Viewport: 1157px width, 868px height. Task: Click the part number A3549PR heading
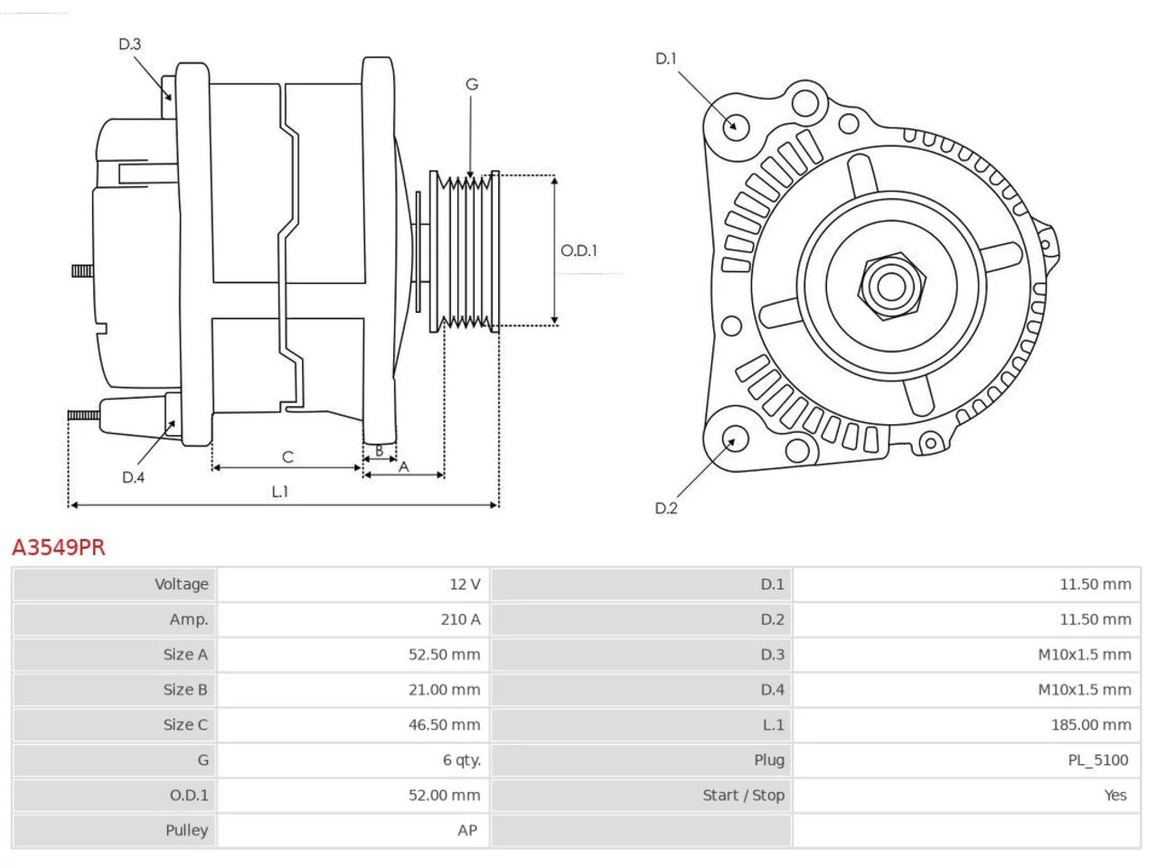click(59, 548)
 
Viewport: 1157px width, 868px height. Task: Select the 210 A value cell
click(353, 619)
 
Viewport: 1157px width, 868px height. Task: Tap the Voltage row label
click(115, 584)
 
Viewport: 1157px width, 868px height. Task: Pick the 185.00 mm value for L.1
click(1091, 724)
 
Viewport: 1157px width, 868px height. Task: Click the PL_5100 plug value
click(1098, 760)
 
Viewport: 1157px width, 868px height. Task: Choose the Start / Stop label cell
click(642, 795)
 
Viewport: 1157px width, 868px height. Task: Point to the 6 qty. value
click(462, 760)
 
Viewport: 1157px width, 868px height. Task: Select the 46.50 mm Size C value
click(445, 724)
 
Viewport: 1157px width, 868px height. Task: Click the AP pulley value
click(467, 830)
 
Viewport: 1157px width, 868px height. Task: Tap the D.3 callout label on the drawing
click(129, 43)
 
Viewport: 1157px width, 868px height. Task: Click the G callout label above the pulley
click(472, 84)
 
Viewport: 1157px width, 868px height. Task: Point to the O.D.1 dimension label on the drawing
click(578, 250)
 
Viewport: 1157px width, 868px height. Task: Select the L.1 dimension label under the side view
click(280, 492)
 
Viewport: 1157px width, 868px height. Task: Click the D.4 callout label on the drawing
click(134, 477)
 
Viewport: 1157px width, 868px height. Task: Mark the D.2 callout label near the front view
click(666, 508)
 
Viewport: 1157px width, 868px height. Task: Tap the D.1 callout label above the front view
click(666, 59)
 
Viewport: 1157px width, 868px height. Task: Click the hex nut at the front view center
click(891, 287)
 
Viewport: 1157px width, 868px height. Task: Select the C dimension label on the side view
click(287, 457)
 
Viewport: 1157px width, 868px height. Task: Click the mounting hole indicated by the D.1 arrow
click(736, 127)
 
